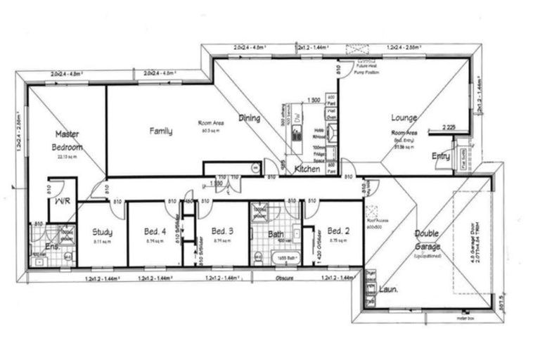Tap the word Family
(161, 130)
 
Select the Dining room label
(250, 118)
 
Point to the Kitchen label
(307, 169)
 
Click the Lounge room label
(404, 117)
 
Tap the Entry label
(441, 156)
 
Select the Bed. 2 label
(339, 230)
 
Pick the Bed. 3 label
(221, 230)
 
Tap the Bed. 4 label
(155, 230)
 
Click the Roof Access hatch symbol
(373, 210)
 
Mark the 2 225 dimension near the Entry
(451, 127)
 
